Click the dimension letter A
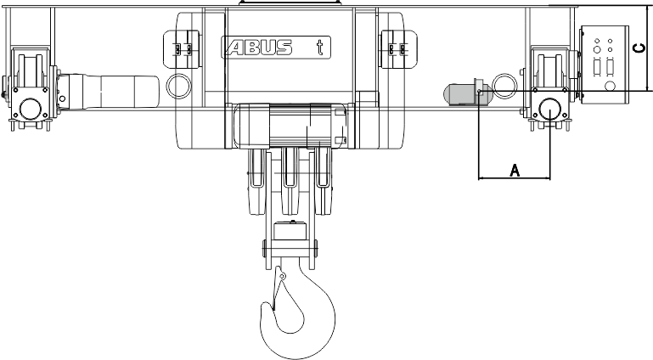click(515, 170)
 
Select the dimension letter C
click(639, 48)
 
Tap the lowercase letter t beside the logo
click(319, 47)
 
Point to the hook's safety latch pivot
click(283, 276)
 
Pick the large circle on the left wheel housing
click(31, 109)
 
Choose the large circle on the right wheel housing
click(549, 109)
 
